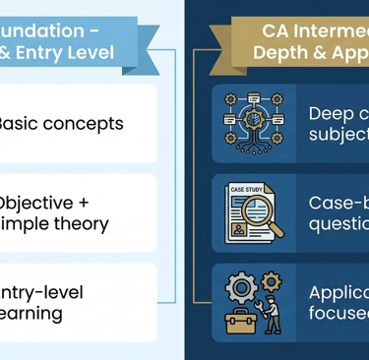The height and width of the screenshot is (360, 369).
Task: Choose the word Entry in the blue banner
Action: [x=40, y=52]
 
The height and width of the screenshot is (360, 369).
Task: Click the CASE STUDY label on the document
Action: [x=246, y=189]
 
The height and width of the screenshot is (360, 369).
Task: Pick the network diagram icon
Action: [x=253, y=122]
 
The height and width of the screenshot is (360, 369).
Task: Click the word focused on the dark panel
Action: [x=339, y=314]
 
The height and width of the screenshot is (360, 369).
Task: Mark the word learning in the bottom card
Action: [x=31, y=315]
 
